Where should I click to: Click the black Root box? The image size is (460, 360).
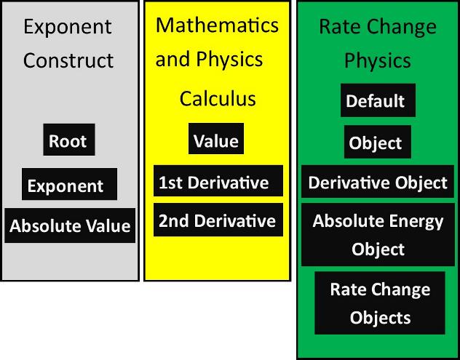(x=69, y=140)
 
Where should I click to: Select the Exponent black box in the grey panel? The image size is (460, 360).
(x=69, y=184)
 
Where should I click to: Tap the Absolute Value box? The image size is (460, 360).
(x=70, y=225)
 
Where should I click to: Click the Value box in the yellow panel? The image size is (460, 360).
(x=216, y=139)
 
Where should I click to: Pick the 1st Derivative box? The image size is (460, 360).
(x=218, y=180)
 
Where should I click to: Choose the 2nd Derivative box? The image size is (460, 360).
(x=218, y=220)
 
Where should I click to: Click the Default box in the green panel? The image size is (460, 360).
(x=378, y=100)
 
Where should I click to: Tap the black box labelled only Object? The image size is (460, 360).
(x=378, y=142)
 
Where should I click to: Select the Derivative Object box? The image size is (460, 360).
(x=378, y=182)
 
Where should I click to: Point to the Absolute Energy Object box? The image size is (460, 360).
(x=378, y=234)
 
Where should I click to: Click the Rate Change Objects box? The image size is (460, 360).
(x=380, y=303)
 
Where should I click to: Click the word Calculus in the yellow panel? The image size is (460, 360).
(x=218, y=98)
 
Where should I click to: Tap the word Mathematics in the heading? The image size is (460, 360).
(x=217, y=25)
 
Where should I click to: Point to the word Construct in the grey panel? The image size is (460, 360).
(x=68, y=60)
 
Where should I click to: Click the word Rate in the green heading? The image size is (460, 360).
(x=341, y=27)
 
